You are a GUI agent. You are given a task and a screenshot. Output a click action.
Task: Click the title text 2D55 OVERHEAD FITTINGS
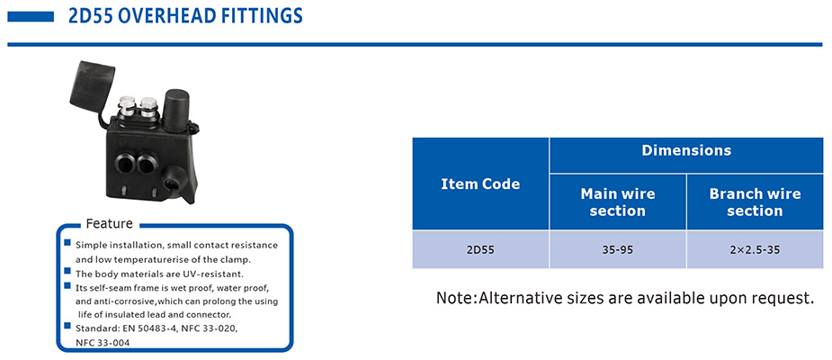(x=185, y=16)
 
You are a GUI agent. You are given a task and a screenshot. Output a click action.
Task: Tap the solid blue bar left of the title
(x=31, y=17)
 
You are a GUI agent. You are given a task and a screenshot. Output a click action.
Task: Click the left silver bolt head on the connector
(x=127, y=104)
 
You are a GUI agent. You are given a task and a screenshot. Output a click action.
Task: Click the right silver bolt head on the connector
(x=148, y=105)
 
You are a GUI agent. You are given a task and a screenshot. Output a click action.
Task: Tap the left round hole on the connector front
(x=126, y=164)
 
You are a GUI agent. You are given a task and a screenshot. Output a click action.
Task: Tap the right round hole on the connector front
(x=147, y=164)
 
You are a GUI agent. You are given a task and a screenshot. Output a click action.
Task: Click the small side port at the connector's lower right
(x=172, y=184)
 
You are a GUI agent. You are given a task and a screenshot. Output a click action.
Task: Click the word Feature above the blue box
(x=110, y=223)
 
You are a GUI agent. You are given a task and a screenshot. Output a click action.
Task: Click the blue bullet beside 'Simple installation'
(x=67, y=243)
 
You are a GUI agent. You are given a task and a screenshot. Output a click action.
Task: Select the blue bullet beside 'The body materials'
(x=67, y=271)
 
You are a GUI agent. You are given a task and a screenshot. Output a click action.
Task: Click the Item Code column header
(x=480, y=184)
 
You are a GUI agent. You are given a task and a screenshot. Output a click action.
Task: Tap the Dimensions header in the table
(x=686, y=150)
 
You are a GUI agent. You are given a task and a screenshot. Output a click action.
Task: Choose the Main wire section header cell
(x=618, y=202)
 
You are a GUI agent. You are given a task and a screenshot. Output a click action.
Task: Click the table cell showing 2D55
(x=480, y=249)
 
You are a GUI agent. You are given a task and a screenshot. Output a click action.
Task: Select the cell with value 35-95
(x=618, y=249)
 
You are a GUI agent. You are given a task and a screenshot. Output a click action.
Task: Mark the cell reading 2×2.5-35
(x=755, y=249)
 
